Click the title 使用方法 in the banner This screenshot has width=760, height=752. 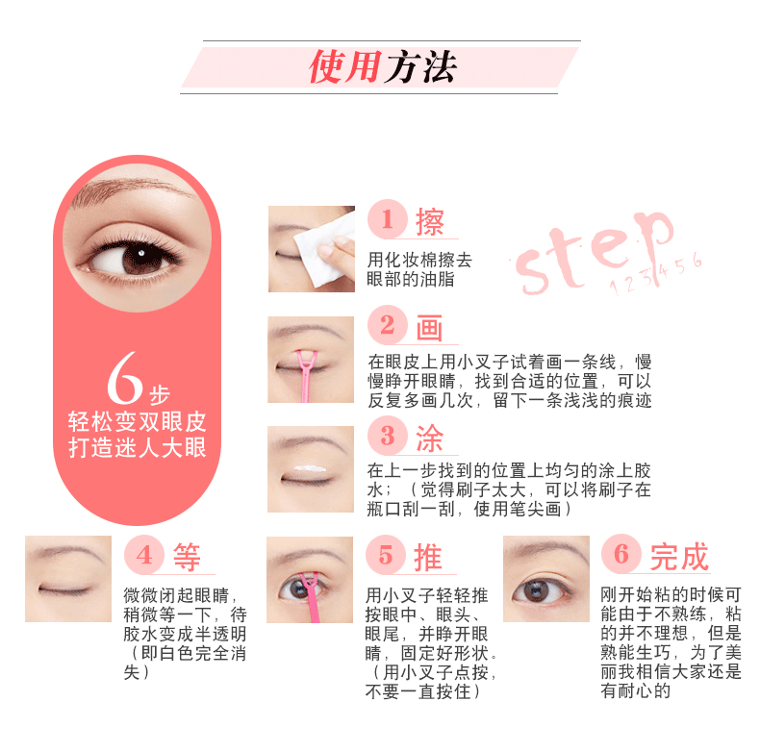click(x=383, y=67)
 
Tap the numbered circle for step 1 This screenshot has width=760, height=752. click(x=387, y=219)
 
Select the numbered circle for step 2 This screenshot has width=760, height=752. click(x=387, y=325)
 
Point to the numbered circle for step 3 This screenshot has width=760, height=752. click(x=387, y=435)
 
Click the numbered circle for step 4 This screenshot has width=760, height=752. click(x=144, y=555)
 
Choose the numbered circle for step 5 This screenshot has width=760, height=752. click(x=386, y=555)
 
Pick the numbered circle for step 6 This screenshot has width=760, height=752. click(x=621, y=554)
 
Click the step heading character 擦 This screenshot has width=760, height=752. click(x=429, y=222)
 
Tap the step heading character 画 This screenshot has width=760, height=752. click(x=429, y=328)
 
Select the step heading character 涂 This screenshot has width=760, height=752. click(x=429, y=439)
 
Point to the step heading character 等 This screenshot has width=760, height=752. click(x=187, y=558)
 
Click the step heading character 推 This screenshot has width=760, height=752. click(x=427, y=558)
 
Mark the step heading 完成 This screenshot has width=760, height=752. click(x=679, y=557)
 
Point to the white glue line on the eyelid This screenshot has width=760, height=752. click(x=311, y=469)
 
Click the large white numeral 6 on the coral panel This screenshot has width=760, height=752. click(x=124, y=378)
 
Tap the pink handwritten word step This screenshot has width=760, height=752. click(x=594, y=252)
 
